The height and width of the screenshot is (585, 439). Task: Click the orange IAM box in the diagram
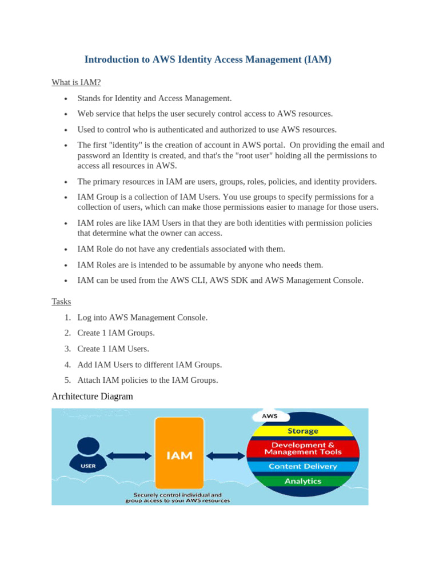pyautogui.click(x=179, y=455)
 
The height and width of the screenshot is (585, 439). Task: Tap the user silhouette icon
pyautogui.click(x=87, y=454)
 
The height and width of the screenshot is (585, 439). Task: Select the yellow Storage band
pyautogui.click(x=303, y=431)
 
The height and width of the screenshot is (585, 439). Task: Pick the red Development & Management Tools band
pyautogui.click(x=303, y=448)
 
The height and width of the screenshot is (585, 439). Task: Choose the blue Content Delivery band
pyautogui.click(x=303, y=466)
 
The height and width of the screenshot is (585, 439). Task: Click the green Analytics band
pyautogui.click(x=303, y=481)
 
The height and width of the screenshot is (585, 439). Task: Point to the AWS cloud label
pyautogui.click(x=270, y=416)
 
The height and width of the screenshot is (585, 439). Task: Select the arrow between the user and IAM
pyautogui.click(x=129, y=456)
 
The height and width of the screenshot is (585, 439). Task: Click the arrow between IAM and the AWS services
pyautogui.click(x=225, y=456)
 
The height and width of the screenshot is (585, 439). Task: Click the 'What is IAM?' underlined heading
pyautogui.click(x=76, y=82)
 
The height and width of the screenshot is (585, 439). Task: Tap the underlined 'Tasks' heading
pyautogui.click(x=61, y=301)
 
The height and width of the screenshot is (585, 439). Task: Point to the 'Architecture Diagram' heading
pyautogui.click(x=92, y=396)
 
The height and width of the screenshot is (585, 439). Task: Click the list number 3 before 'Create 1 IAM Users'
pyautogui.click(x=67, y=348)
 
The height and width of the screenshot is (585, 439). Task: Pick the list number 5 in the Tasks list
pyautogui.click(x=67, y=380)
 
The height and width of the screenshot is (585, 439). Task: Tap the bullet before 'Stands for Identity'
pyautogui.click(x=66, y=99)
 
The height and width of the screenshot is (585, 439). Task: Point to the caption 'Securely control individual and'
pyautogui.click(x=177, y=495)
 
